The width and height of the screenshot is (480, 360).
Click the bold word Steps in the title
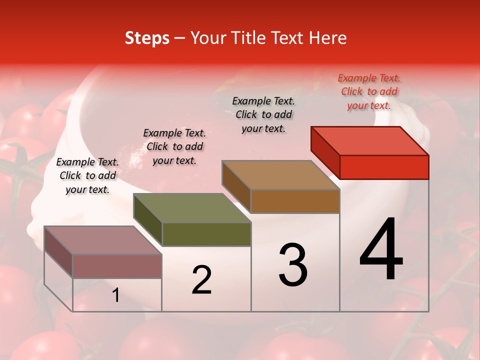pos(147,38)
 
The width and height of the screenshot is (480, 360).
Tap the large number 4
pos(381,250)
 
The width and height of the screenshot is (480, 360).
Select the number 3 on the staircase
pos(293,265)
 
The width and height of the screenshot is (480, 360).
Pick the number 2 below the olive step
pos(201,280)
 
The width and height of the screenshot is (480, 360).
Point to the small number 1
pos(116,295)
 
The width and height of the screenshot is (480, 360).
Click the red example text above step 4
pos(369,91)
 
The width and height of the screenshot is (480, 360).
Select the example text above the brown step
pos(263,114)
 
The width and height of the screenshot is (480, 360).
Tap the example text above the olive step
pos(174,146)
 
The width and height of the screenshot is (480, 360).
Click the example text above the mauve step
pos(87,175)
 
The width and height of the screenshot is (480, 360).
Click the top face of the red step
pos(370,140)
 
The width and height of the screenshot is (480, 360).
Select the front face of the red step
pos(384,167)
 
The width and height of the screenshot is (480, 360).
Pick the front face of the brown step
pos(295,201)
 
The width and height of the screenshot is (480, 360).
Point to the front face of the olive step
pos(206,234)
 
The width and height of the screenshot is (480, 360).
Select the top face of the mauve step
pos(103,240)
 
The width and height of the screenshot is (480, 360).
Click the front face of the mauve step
pos(117,266)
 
